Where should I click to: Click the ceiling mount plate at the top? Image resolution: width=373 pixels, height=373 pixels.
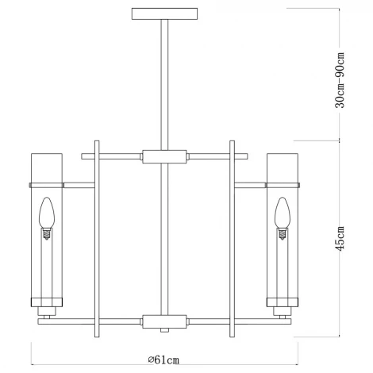point(163,13)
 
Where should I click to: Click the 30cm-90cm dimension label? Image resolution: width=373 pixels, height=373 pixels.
point(341,81)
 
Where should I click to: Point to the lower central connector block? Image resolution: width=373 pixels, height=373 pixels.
point(163,321)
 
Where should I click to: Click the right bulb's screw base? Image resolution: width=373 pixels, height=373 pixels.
point(282,231)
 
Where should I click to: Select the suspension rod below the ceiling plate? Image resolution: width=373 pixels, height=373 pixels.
point(163,79)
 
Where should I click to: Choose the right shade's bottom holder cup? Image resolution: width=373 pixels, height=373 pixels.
point(282,302)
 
